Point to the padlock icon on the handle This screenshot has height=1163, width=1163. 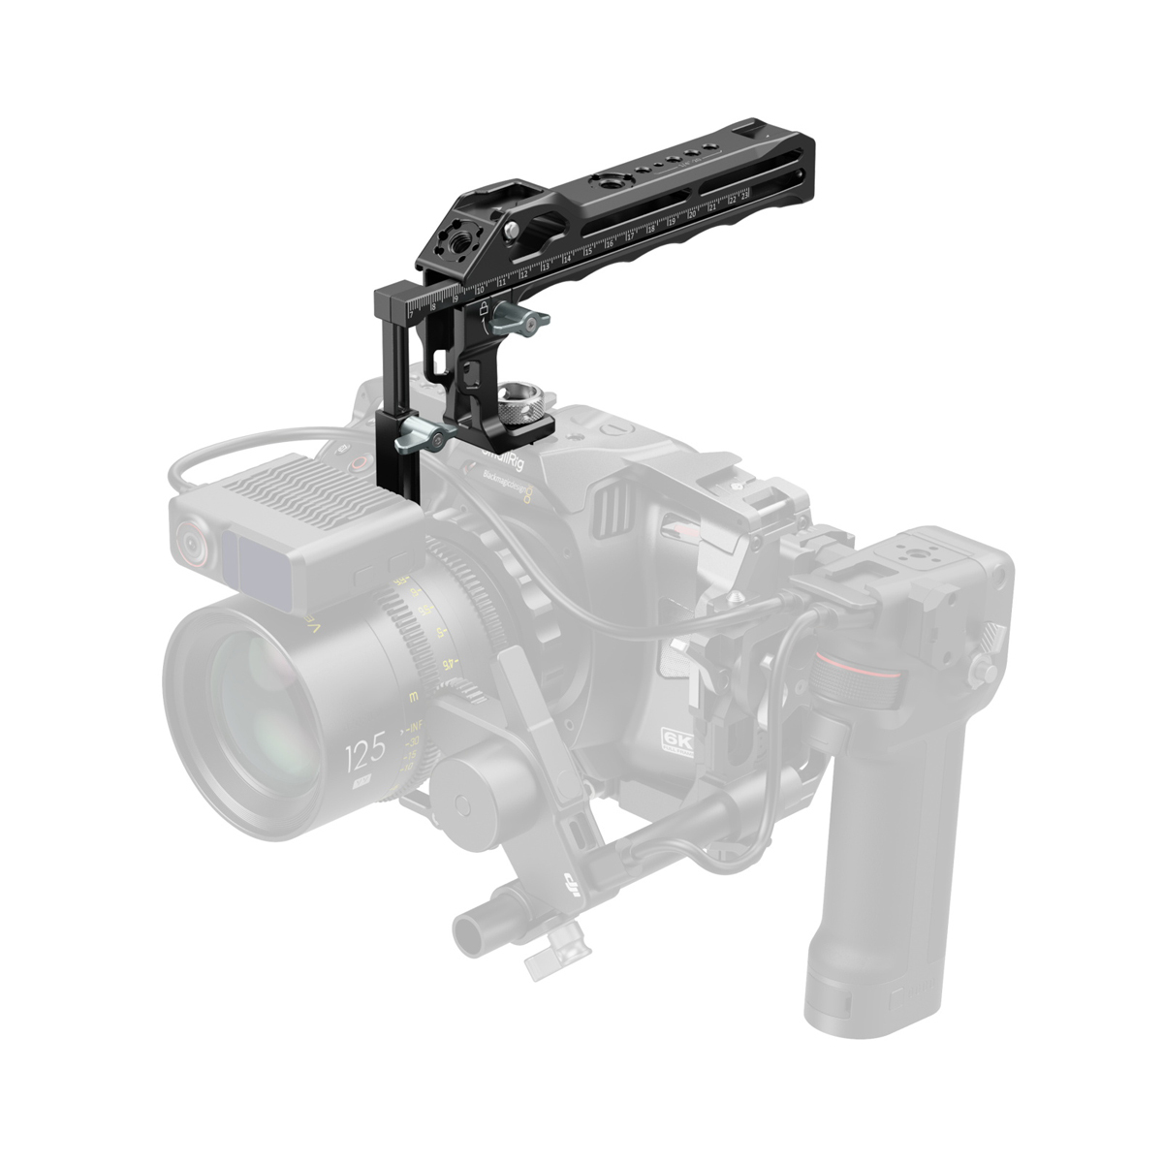(482, 308)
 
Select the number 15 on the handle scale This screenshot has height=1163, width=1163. (588, 252)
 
